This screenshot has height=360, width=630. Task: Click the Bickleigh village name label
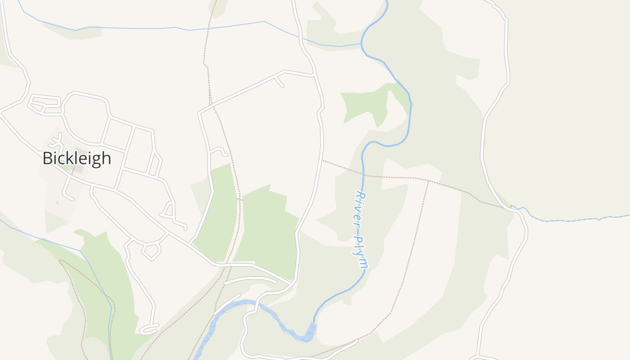(x=76, y=158)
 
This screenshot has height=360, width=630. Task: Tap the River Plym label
(x=361, y=229)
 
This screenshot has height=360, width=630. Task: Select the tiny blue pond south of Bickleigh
(x=58, y=203)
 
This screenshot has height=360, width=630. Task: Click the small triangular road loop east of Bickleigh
(x=169, y=210)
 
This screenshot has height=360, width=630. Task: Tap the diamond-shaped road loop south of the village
(x=152, y=251)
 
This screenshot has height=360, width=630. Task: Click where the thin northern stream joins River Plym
(x=362, y=44)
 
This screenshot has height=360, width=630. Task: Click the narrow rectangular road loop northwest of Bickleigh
(x=44, y=103)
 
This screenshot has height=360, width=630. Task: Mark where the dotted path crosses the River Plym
(x=364, y=175)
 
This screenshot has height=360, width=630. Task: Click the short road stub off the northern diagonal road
(x=279, y=81)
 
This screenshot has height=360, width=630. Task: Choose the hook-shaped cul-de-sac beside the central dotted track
(x=218, y=151)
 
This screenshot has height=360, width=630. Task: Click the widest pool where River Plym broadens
(x=310, y=332)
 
